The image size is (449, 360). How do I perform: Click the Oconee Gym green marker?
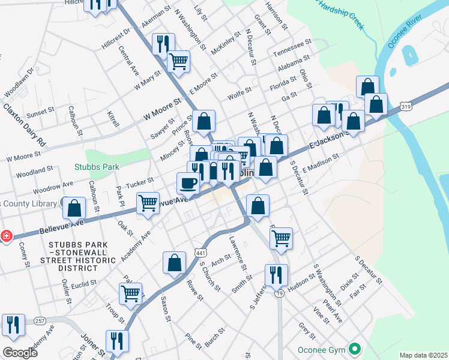355,349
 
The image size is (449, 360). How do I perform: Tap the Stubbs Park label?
97,167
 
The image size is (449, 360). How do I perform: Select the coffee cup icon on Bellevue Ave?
187,182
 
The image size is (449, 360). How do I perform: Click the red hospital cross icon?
7,236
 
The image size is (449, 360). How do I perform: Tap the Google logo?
20,352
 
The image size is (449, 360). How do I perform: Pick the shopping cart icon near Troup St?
130,293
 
